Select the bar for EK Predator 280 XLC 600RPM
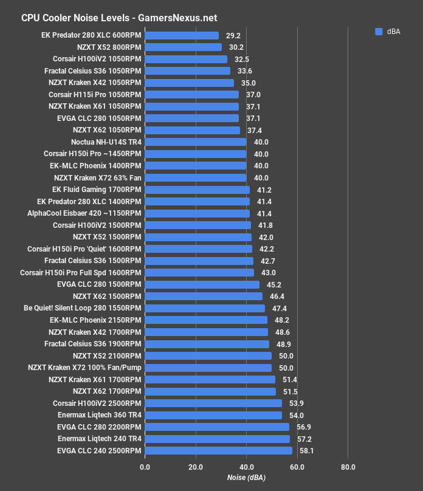(182, 36)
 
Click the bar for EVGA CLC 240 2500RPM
(218, 451)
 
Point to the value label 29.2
(233, 36)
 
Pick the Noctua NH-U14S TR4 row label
(106, 142)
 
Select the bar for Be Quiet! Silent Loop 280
(205, 309)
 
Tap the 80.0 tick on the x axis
(348, 467)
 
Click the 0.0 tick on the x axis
(145, 467)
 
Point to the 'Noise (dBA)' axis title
(246, 478)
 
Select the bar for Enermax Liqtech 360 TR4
(213, 415)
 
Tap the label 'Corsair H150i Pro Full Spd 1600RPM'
(80, 273)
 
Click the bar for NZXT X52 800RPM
(183, 47)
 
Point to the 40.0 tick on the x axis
(246, 467)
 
